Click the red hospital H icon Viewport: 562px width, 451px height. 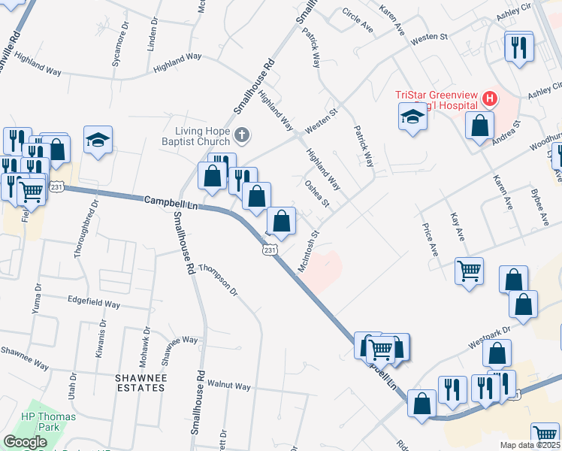[490, 98]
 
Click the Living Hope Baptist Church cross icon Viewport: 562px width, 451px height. [241, 135]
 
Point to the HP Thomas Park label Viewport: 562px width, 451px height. [40, 422]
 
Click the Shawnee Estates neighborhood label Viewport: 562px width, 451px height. [140, 382]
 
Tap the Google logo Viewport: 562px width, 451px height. [25, 442]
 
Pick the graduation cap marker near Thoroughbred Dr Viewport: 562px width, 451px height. [98, 139]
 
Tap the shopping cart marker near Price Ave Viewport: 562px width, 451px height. [470, 271]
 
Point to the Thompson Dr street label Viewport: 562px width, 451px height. [219, 280]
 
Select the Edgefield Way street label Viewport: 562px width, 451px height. [94, 304]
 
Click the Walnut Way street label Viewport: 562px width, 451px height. [229, 386]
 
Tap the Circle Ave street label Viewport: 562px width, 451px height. [358, 20]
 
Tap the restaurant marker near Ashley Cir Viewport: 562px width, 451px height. [519, 47]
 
